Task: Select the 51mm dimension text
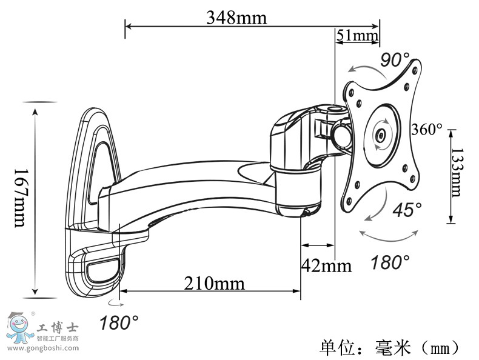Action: [357, 36]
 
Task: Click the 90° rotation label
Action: [395, 60]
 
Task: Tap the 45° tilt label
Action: [407, 210]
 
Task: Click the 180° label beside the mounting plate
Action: [390, 262]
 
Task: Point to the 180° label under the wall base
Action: [119, 322]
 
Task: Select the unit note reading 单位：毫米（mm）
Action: [390, 348]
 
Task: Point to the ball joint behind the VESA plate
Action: [340, 133]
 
